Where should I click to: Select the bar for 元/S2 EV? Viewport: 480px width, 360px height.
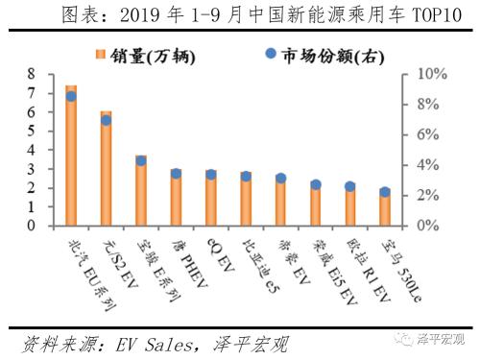point(107,171)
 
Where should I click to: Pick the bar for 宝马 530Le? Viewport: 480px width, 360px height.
point(385,208)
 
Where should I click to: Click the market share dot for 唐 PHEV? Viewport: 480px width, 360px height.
point(176,174)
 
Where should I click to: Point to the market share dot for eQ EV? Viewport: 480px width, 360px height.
point(211,175)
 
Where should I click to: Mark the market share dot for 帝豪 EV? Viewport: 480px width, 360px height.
point(280,179)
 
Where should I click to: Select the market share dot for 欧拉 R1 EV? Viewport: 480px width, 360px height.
point(350,187)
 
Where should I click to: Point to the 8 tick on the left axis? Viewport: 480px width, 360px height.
point(33,74)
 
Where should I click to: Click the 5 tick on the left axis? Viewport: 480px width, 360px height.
point(33,131)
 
